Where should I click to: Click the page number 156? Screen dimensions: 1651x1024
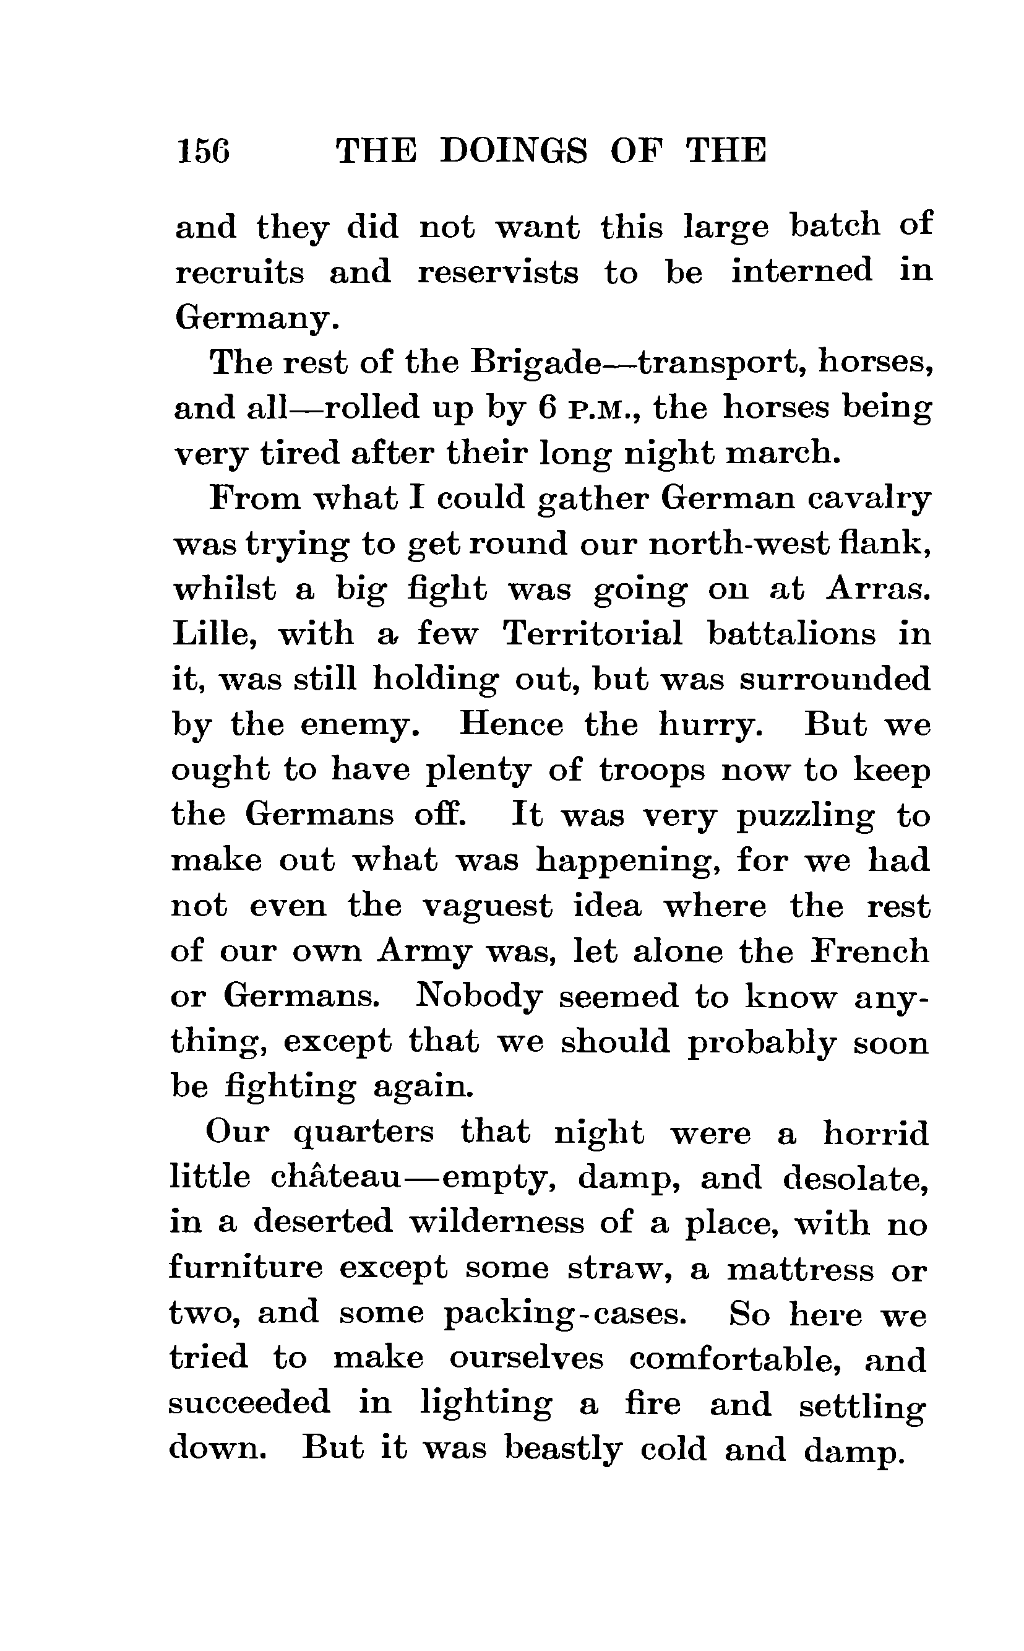click(202, 150)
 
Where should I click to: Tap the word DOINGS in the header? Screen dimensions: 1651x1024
click(514, 150)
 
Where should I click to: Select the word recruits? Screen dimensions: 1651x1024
click(239, 273)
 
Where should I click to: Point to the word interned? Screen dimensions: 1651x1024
click(801, 271)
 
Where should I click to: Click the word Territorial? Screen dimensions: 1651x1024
click(593, 635)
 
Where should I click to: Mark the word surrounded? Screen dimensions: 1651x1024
click(835, 680)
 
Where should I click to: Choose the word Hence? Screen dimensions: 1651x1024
click(510, 725)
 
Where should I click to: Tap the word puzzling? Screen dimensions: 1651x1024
click(805, 817)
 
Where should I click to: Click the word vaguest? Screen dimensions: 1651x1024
click(487, 906)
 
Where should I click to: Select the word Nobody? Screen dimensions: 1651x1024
click(478, 997)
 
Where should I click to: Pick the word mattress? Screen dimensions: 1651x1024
click(800, 1269)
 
